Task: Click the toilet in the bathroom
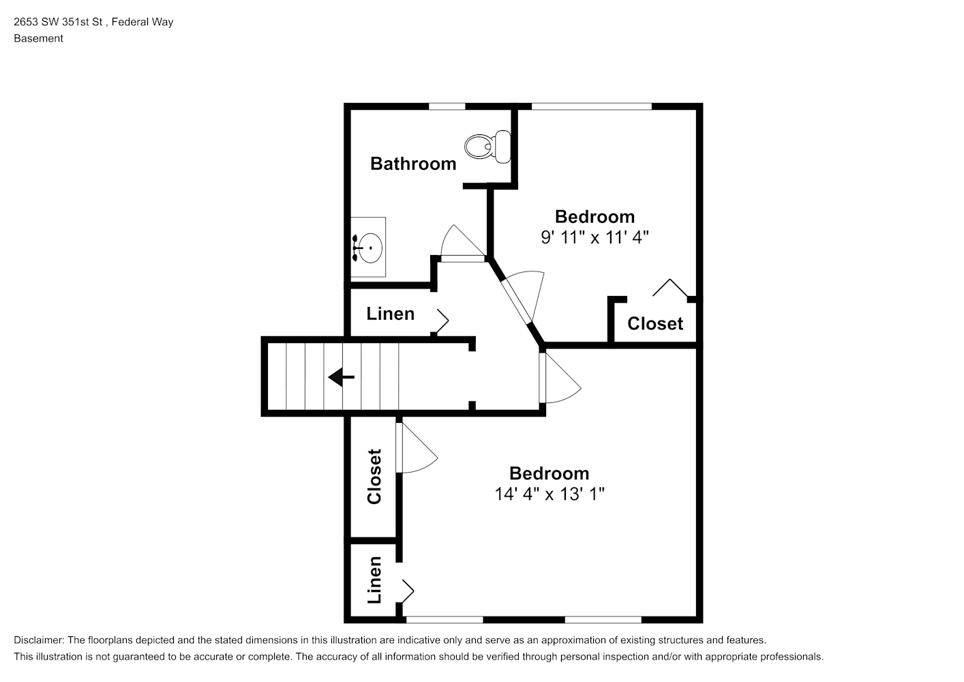488,147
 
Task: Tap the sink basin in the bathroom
370,248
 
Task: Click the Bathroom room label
413,164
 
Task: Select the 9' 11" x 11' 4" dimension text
594,237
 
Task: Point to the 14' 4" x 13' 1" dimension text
549,494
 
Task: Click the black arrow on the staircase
342,377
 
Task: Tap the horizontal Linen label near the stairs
391,314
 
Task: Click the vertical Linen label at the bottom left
374,580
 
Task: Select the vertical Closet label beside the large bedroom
374,476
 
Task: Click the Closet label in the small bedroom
655,323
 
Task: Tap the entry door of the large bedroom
560,378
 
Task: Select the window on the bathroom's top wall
447,106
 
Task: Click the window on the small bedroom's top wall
592,106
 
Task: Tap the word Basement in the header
38,38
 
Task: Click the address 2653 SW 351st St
58,22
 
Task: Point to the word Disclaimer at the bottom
39,640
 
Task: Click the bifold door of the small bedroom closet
670,288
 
